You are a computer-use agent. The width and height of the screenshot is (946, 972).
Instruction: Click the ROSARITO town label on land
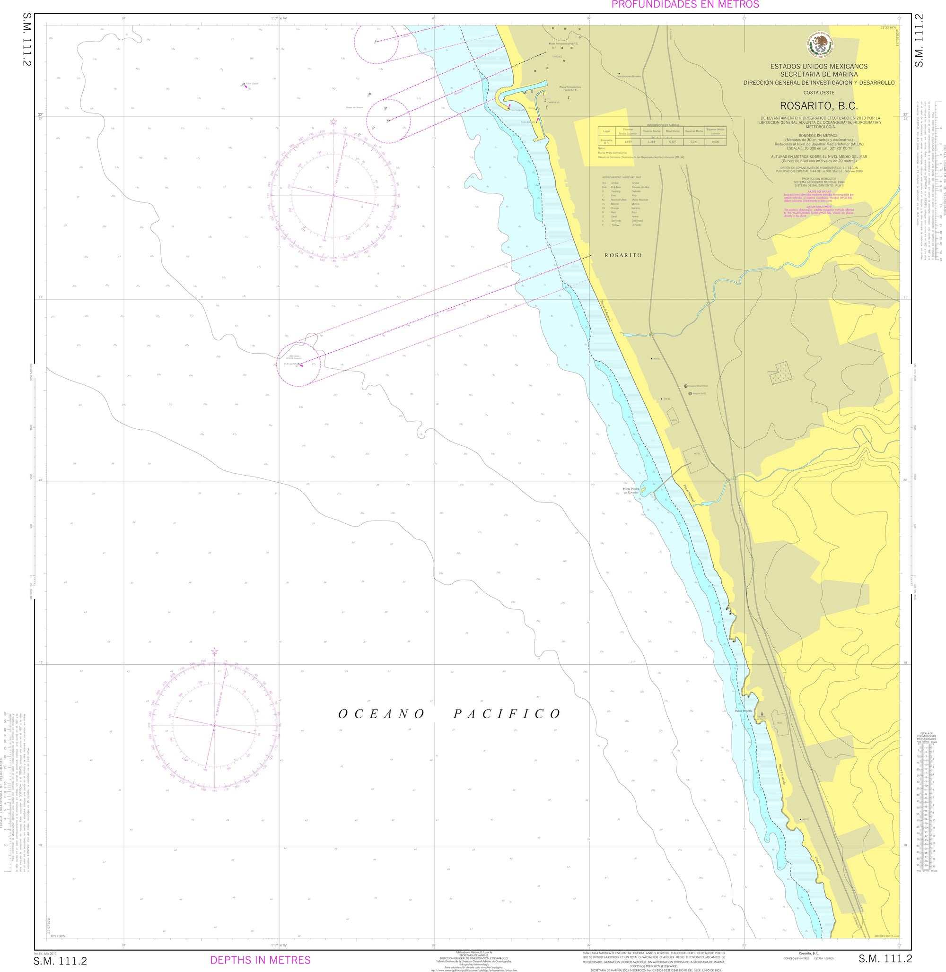623,255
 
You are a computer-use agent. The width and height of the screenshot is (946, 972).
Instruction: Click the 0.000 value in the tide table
715,141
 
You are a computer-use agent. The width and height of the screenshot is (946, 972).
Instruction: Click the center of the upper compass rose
333,196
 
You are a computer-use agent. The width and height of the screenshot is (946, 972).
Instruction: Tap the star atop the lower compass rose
215,651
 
